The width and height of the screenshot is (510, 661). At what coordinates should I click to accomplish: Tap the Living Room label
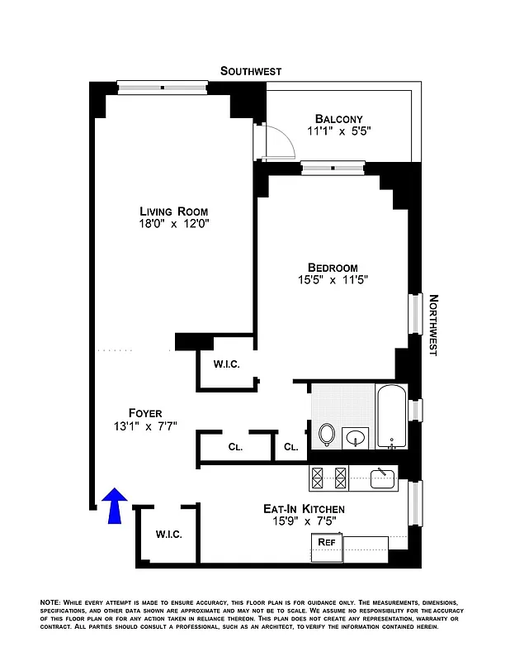point(173,211)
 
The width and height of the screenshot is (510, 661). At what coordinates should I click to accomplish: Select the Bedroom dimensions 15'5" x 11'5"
point(332,280)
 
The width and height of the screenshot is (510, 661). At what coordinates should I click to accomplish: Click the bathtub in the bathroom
point(391,416)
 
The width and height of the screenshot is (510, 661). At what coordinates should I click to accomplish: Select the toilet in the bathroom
point(327,434)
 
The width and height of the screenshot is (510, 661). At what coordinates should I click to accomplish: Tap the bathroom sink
point(357,436)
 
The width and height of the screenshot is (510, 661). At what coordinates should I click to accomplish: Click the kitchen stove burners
point(328,477)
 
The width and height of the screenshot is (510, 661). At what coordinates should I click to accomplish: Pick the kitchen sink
point(382,477)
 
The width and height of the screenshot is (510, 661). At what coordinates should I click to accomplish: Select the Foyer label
point(145,413)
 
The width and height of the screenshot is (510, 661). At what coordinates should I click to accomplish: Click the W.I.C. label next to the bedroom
point(226,364)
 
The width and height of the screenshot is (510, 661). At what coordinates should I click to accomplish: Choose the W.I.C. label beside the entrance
point(168,534)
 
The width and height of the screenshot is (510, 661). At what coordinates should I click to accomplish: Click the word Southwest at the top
point(251,71)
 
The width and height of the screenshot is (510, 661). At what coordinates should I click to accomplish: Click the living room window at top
point(162,86)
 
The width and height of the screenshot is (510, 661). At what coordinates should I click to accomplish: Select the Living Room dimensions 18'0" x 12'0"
point(173,224)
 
